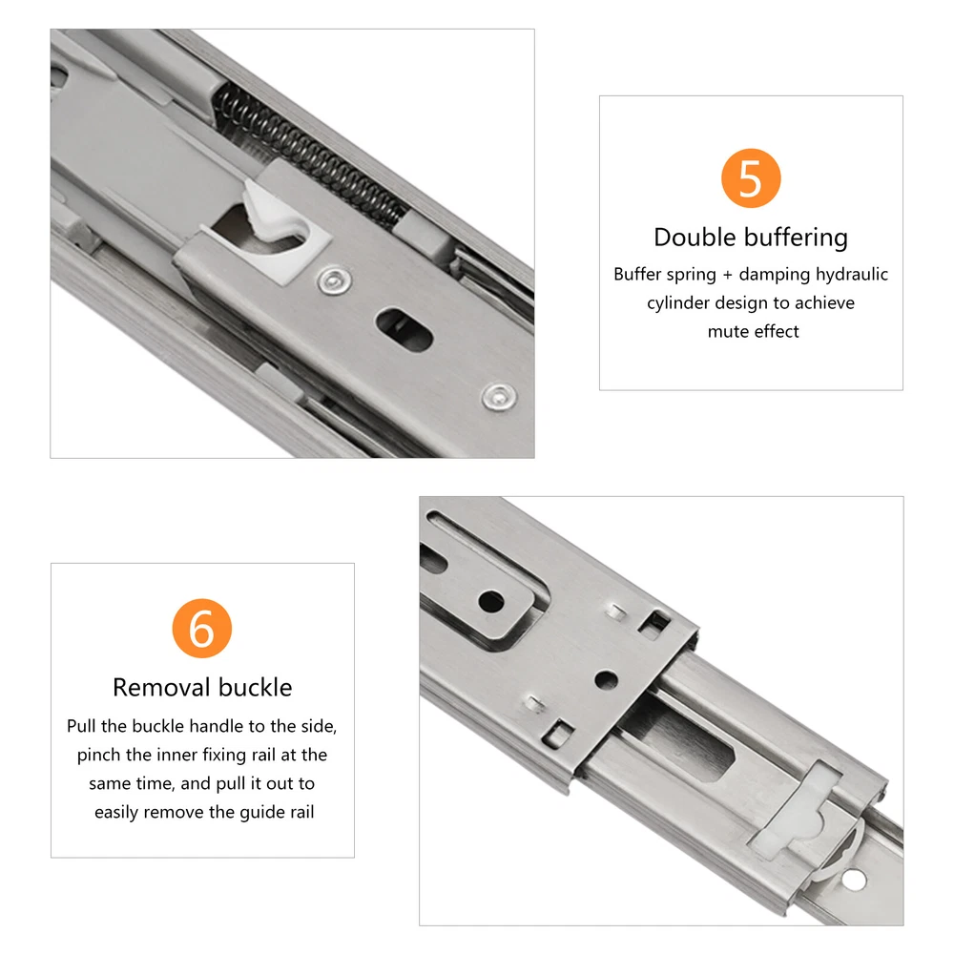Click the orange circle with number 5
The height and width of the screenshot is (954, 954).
pos(750,178)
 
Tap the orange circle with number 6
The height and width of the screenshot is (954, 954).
pos(202,629)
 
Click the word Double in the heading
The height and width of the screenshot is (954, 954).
pos(693,237)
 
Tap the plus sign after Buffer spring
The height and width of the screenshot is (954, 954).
pos(728,275)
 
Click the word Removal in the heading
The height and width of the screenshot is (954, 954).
pos(161,688)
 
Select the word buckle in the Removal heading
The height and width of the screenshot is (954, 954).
pos(256,688)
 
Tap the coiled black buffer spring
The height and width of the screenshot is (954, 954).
pos(310,156)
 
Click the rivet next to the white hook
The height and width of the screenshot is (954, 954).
pos(334,281)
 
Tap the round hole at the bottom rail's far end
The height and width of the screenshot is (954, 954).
pos(854,880)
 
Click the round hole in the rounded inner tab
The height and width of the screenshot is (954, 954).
pos(491,602)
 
